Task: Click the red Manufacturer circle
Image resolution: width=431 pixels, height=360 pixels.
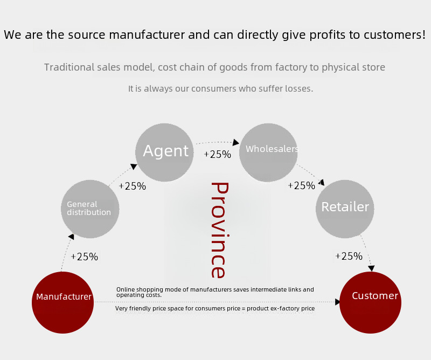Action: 62,302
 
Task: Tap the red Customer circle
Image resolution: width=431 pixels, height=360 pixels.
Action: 370,302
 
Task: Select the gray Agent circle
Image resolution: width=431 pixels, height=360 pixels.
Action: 164,153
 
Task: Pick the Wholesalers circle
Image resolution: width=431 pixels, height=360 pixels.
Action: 268,153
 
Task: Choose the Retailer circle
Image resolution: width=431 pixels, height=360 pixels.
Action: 345,209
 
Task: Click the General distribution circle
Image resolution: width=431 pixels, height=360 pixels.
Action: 90,209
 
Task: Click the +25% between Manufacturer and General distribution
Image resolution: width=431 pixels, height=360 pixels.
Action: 85,257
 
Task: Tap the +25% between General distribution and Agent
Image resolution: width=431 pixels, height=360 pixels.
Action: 133,186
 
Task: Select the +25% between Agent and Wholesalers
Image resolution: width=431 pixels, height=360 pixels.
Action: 218,154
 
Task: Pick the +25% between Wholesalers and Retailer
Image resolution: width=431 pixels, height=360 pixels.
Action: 302,185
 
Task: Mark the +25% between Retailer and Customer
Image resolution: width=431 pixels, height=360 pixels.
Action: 349,256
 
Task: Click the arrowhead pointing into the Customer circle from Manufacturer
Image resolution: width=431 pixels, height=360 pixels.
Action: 338,302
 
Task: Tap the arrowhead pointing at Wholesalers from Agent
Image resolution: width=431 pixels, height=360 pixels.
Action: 236,142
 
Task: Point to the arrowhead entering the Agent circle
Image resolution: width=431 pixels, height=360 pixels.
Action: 134,167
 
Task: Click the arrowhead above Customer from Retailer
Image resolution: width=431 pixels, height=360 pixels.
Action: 371,268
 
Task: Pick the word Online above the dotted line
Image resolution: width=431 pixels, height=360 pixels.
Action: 126,289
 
